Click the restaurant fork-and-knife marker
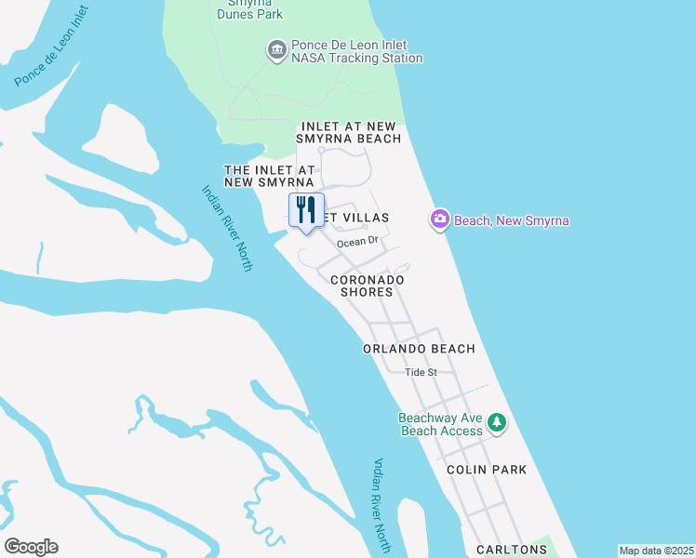(x=306, y=211)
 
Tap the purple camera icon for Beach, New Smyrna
(x=439, y=219)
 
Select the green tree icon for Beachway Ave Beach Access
(x=498, y=424)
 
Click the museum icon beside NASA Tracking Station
(x=275, y=50)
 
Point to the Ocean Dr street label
(x=358, y=242)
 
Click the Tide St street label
(x=422, y=372)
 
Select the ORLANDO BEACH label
(x=419, y=349)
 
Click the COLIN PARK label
(x=487, y=470)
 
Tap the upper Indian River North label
(x=227, y=228)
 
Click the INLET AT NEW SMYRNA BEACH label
(x=350, y=132)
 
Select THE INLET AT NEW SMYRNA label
(x=270, y=176)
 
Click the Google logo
(x=31, y=547)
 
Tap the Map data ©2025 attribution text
(x=656, y=551)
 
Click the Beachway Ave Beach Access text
(x=441, y=424)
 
